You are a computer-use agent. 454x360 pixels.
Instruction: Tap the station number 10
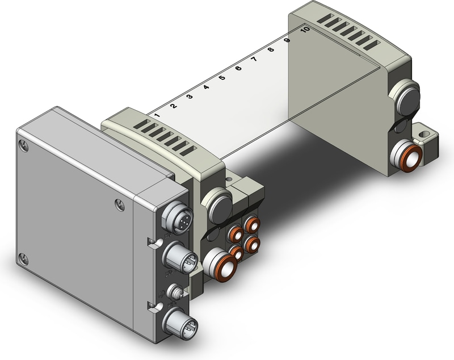coord(305,30)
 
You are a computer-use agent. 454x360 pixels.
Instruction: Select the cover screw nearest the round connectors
coord(118,203)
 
